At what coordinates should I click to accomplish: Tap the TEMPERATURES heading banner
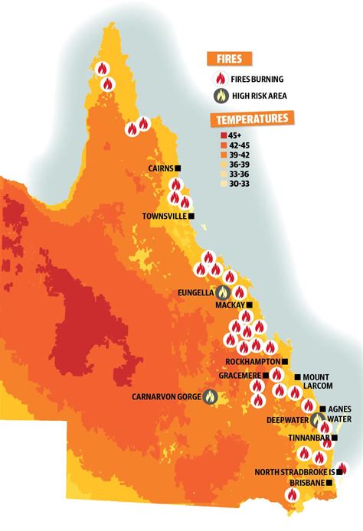pos(252,119)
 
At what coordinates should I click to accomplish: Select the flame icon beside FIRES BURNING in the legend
pos(223,77)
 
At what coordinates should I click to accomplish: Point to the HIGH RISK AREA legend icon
pos(223,97)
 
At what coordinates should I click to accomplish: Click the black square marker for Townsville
pos(191,217)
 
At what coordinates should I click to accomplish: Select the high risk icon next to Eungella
pos(224,292)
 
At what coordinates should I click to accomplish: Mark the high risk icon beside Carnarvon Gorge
pos(209,396)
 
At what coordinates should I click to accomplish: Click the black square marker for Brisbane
pos(329,484)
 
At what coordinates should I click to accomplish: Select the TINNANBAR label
pos(307,438)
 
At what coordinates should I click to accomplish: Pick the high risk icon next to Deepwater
pos(318,419)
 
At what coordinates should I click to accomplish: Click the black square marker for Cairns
pos(178,168)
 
